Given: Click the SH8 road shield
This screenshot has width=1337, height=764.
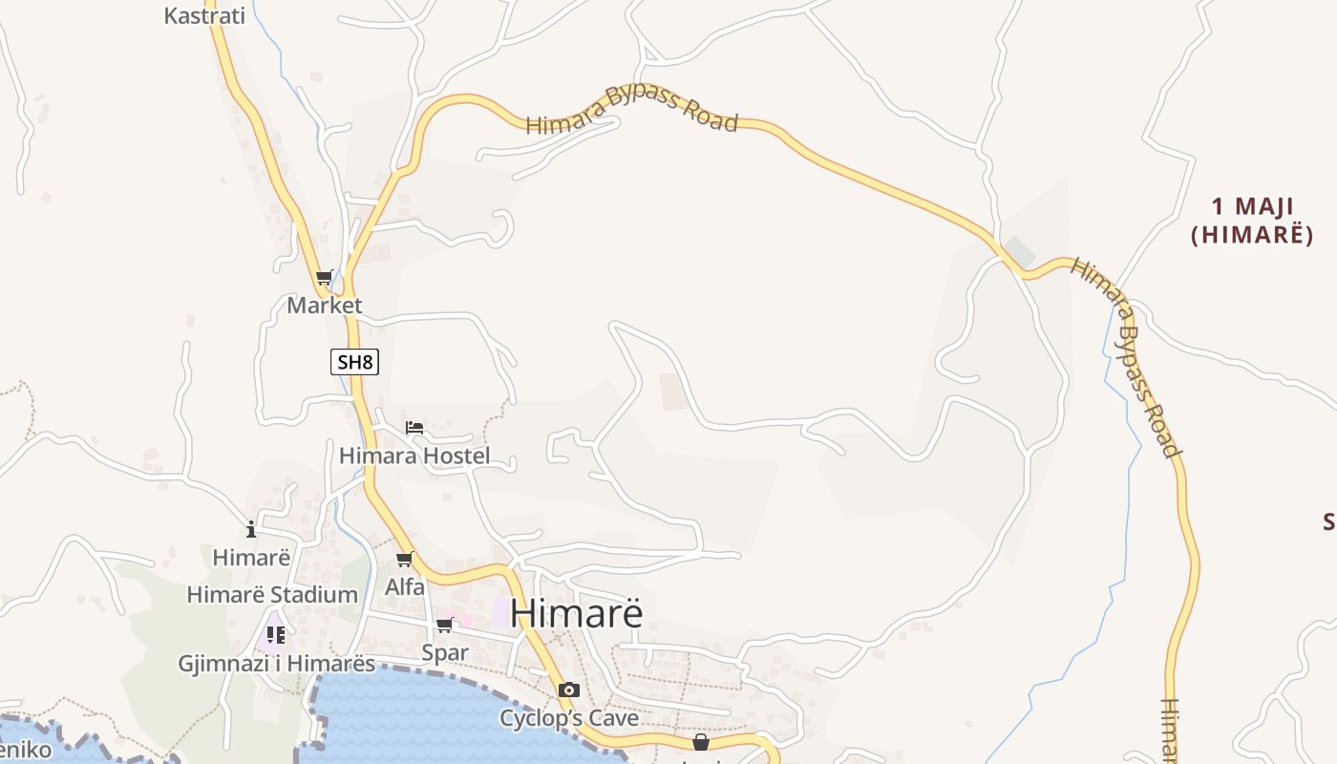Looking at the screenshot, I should pos(355,362).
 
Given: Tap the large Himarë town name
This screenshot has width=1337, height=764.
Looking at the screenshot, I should pos(576,613).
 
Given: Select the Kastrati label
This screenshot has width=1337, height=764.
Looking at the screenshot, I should pos(204,15).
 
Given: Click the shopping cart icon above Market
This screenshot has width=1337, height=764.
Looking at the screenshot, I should pos(325,278).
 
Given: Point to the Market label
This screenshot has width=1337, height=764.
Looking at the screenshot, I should pos(325,306).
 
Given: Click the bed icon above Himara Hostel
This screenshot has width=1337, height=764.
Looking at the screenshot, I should pos(414,427).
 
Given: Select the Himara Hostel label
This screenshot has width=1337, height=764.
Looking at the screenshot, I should pos(414,456).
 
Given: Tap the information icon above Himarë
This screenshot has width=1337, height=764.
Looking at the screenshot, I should pos(251,529).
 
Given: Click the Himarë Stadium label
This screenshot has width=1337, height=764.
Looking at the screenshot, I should pos(272,594).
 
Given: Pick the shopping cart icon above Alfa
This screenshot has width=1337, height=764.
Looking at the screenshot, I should pos(405,559).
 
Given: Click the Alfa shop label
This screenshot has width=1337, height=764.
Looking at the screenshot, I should pos(405,587).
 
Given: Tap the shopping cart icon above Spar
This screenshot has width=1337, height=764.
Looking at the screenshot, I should pos(444,625).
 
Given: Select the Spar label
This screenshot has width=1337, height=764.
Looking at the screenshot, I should pos(445,653).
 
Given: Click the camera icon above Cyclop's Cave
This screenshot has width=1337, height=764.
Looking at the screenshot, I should pos(569,690).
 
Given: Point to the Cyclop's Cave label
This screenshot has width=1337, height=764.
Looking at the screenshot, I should pos(569,717).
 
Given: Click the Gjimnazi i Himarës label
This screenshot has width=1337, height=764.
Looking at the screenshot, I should pos(277,663).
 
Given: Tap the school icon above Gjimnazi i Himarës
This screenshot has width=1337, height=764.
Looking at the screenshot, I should pos(276,634).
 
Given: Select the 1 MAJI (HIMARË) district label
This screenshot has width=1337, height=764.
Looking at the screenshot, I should pos(1252,220).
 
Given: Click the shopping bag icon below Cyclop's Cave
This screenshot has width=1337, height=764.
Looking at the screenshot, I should pos(701,742).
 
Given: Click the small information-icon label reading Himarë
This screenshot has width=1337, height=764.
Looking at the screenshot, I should pos(251,557).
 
